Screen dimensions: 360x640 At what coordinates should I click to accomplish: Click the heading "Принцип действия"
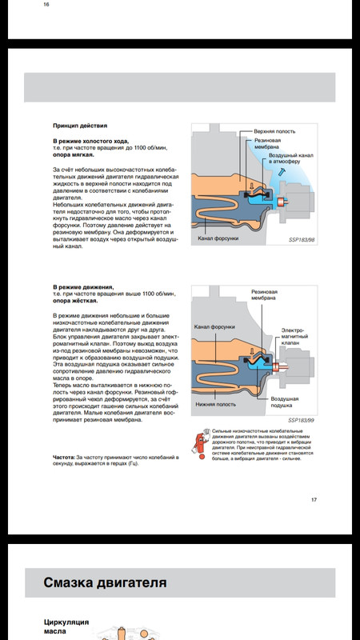click(x=80, y=126)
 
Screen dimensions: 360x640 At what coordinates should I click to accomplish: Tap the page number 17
click(x=314, y=499)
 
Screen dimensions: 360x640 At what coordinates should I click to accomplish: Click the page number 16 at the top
click(x=46, y=5)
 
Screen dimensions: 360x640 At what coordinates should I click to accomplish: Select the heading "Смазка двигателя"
click(x=105, y=582)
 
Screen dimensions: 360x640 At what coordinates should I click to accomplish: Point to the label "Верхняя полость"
click(x=274, y=131)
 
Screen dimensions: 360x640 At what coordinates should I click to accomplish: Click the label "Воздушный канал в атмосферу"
click(x=284, y=158)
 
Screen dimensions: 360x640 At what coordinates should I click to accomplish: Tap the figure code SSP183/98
click(x=302, y=239)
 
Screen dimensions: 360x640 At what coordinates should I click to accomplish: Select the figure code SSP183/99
click(x=302, y=420)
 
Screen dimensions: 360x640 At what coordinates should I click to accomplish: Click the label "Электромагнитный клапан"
click(x=294, y=337)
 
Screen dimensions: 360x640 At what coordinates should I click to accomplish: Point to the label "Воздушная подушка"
click(x=285, y=402)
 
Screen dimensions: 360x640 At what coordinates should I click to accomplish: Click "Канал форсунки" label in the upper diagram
click(x=218, y=238)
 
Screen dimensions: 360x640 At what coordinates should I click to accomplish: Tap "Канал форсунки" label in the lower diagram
click(x=214, y=327)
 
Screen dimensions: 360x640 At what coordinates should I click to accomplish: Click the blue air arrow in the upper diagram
click(x=282, y=173)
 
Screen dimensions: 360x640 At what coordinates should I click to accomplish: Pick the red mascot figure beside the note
click(x=200, y=444)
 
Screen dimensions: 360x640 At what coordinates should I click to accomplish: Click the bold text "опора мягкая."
click(x=74, y=155)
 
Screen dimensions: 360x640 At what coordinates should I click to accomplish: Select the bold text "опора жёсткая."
click(x=75, y=302)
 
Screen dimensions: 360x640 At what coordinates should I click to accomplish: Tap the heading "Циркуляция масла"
click(x=66, y=626)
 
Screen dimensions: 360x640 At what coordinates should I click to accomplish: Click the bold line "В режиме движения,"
click(x=83, y=287)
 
